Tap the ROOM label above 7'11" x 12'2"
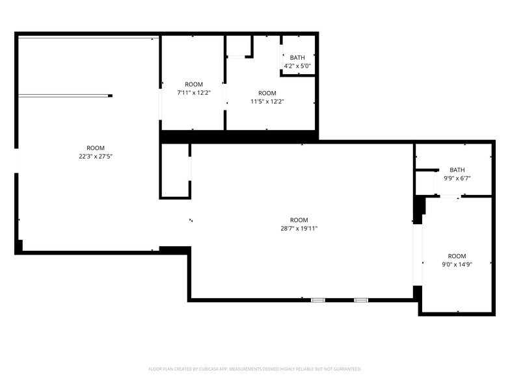194,84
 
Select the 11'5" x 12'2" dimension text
267,101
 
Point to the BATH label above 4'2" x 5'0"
297,58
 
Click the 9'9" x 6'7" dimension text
457,178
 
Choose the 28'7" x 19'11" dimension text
299,228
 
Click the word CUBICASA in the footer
209,368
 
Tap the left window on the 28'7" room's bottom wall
318,300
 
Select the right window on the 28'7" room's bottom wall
361,300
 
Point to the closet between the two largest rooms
175,170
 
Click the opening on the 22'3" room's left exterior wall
17,162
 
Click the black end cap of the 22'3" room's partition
110,96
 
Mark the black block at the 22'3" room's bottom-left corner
19,247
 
